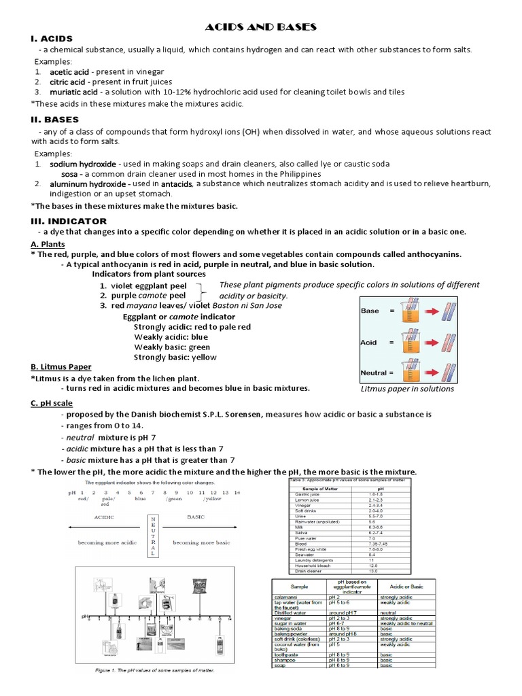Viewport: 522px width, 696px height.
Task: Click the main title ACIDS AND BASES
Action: (x=262, y=27)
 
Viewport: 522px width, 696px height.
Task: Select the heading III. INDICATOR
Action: (x=69, y=221)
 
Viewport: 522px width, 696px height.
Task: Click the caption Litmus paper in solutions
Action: (x=407, y=389)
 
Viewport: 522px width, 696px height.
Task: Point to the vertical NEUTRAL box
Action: (x=153, y=536)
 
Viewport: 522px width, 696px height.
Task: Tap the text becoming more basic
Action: (x=201, y=542)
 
